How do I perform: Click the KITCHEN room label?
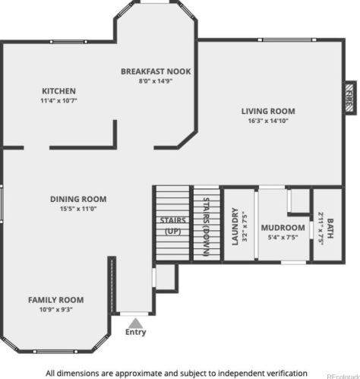coord(58,91)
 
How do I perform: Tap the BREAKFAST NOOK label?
coord(156,71)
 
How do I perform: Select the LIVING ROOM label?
coord(268,111)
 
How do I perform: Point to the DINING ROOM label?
coord(78,199)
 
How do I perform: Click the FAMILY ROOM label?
coord(56,300)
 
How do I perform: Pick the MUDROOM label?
coord(283,228)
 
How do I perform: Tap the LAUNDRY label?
coord(235,226)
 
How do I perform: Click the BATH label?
coord(330,229)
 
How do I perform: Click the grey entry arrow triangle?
coord(136,323)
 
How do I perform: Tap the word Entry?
coord(136,332)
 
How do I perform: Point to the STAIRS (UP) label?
coord(173,226)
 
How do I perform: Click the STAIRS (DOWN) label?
coord(207,226)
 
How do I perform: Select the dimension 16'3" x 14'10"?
coord(268,121)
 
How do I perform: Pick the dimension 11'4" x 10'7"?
coord(58,100)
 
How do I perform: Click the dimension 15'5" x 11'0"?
coord(78,209)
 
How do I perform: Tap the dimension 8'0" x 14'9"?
coord(156,81)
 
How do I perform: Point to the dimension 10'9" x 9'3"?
coord(56,309)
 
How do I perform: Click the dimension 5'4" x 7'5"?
coord(283,238)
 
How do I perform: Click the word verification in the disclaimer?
coord(283,374)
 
